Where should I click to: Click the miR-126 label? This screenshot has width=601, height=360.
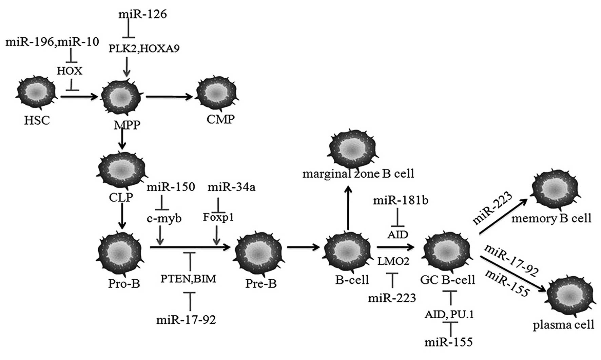pyautogui.click(x=142, y=14)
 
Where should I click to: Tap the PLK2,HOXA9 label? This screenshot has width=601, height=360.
pyautogui.click(x=144, y=48)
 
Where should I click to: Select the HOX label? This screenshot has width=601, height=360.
pyautogui.click(x=70, y=71)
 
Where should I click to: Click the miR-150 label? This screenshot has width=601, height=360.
pyautogui.click(x=171, y=187)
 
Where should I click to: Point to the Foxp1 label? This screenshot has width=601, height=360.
pyautogui.click(x=218, y=217)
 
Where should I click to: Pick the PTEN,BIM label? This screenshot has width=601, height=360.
pyautogui.click(x=188, y=279)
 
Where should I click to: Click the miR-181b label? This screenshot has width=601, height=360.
pyautogui.click(x=401, y=200)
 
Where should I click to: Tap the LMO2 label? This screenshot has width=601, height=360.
pyautogui.click(x=393, y=261)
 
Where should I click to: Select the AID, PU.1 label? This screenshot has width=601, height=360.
pyautogui.click(x=449, y=315)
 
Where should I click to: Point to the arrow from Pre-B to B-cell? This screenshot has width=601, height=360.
pyautogui.click(x=303, y=247)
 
